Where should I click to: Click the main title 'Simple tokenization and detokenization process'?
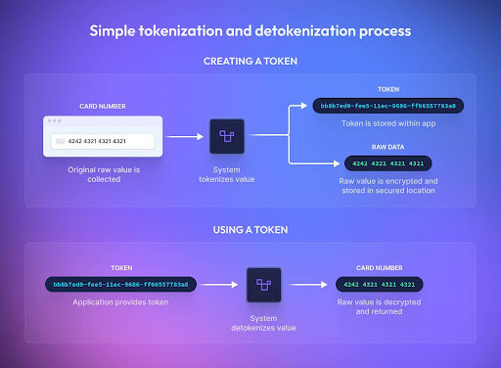(x=250, y=30)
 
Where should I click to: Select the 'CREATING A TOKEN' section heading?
(x=250, y=62)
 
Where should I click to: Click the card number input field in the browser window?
(x=103, y=141)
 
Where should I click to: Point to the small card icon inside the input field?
(x=62, y=141)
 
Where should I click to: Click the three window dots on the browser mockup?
(x=54, y=122)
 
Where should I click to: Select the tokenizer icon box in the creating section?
(x=227, y=138)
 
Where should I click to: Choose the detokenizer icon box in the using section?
(x=263, y=285)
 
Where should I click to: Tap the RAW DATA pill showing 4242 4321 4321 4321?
(x=388, y=162)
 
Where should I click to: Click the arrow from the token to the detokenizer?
(x=220, y=285)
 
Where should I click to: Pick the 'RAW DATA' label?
(x=388, y=147)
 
